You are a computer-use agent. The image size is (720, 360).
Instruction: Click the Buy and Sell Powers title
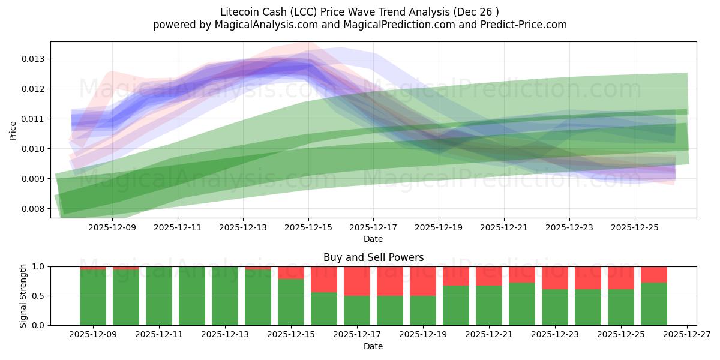373,257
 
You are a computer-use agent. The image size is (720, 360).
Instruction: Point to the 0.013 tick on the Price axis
34,59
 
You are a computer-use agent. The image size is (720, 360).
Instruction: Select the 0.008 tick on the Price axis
34,209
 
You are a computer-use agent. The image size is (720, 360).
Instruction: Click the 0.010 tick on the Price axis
34,149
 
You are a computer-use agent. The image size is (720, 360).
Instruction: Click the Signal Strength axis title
23,296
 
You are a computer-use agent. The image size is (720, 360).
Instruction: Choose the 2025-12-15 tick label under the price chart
308,227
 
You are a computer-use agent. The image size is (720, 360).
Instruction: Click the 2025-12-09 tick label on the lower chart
93,335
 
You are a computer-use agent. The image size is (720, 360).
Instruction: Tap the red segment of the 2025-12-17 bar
357,281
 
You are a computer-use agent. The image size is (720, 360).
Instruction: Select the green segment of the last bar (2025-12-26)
654,304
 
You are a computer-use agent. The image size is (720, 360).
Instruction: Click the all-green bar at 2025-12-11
159,296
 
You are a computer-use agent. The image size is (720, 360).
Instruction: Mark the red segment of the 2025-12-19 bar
423,281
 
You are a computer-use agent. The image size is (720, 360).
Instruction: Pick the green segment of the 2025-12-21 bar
489,305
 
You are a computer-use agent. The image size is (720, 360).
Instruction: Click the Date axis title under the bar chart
373,346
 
